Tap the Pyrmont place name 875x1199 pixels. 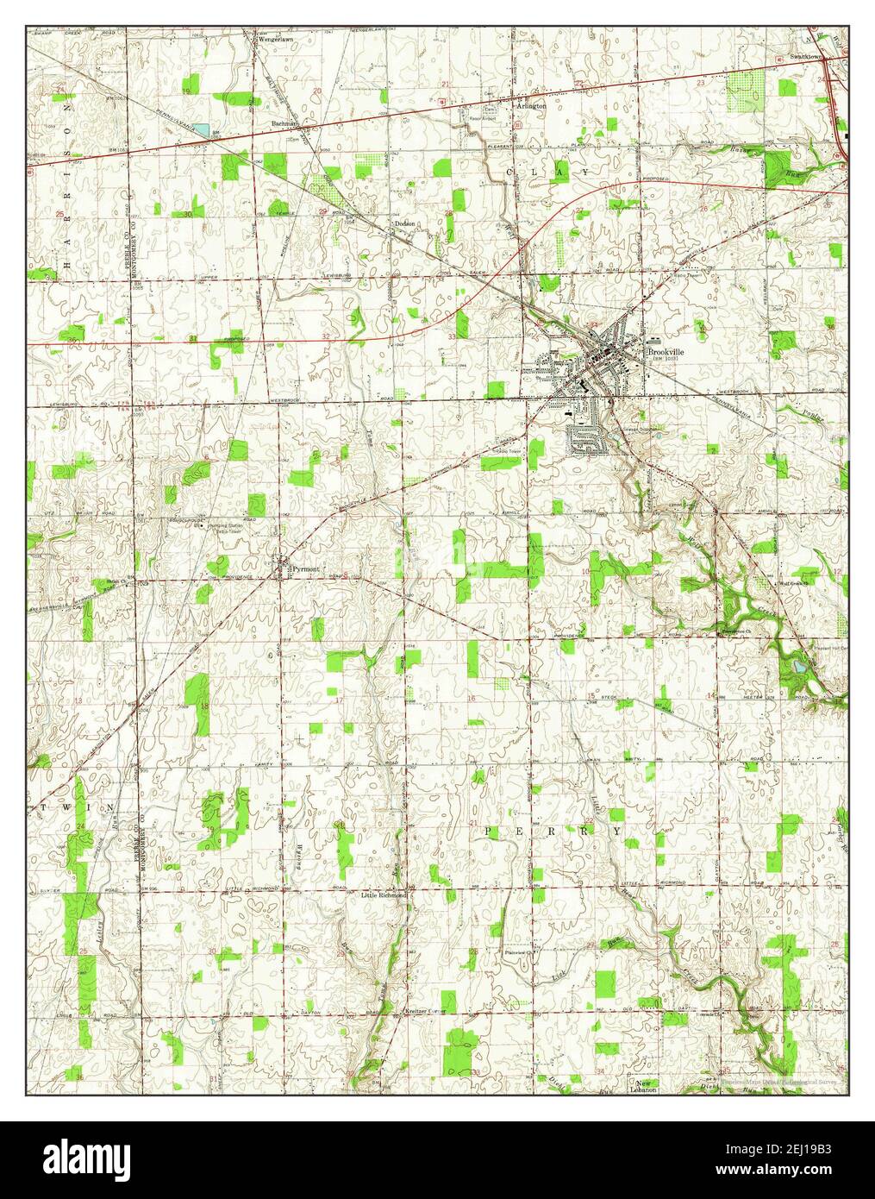tap(305, 569)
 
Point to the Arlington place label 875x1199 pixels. tap(531, 105)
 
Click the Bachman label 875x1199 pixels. tap(284, 124)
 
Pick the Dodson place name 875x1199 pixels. tap(405, 223)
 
